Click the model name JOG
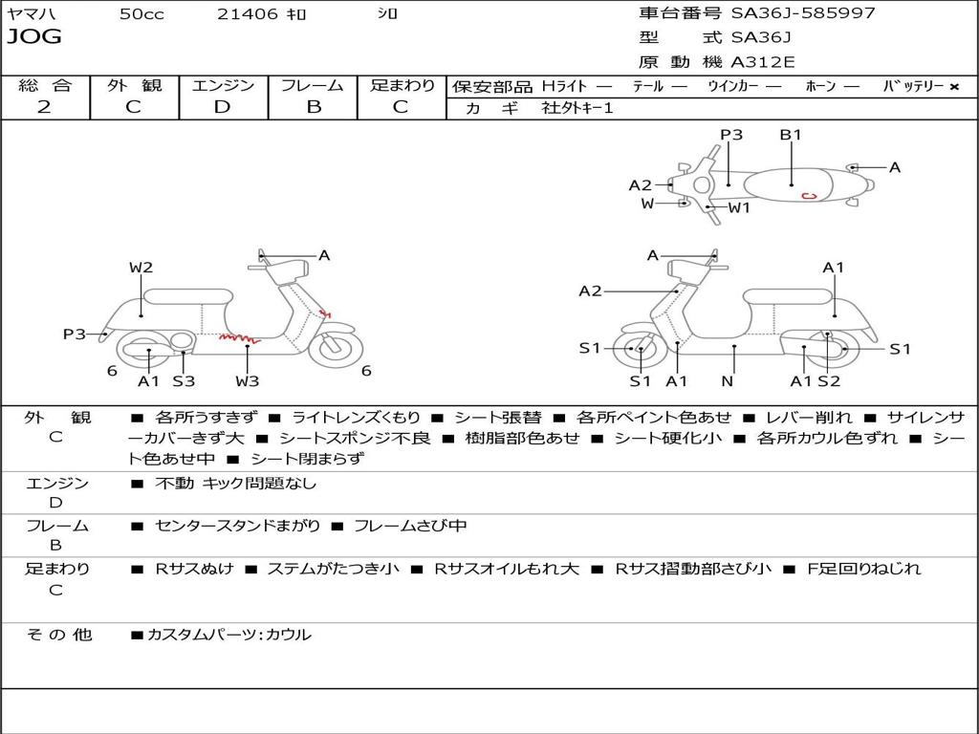pos(33,37)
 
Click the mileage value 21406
pos(248,13)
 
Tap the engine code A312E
pos(762,63)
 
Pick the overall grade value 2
pos(44,107)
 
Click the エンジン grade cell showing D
pos(222,107)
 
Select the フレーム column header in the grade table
pos(313,85)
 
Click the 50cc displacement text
pos(141,13)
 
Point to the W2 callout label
pos(141,268)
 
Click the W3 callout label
pos(248,381)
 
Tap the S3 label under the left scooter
pos(184,381)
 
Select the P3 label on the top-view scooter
pos(731,135)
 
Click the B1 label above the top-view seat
pos(791,135)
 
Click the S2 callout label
pos(829,381)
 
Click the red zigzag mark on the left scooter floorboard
pos(238,336)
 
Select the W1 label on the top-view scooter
pos(739,207)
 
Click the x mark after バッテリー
pos(954,86)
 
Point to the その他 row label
pos(59,635)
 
